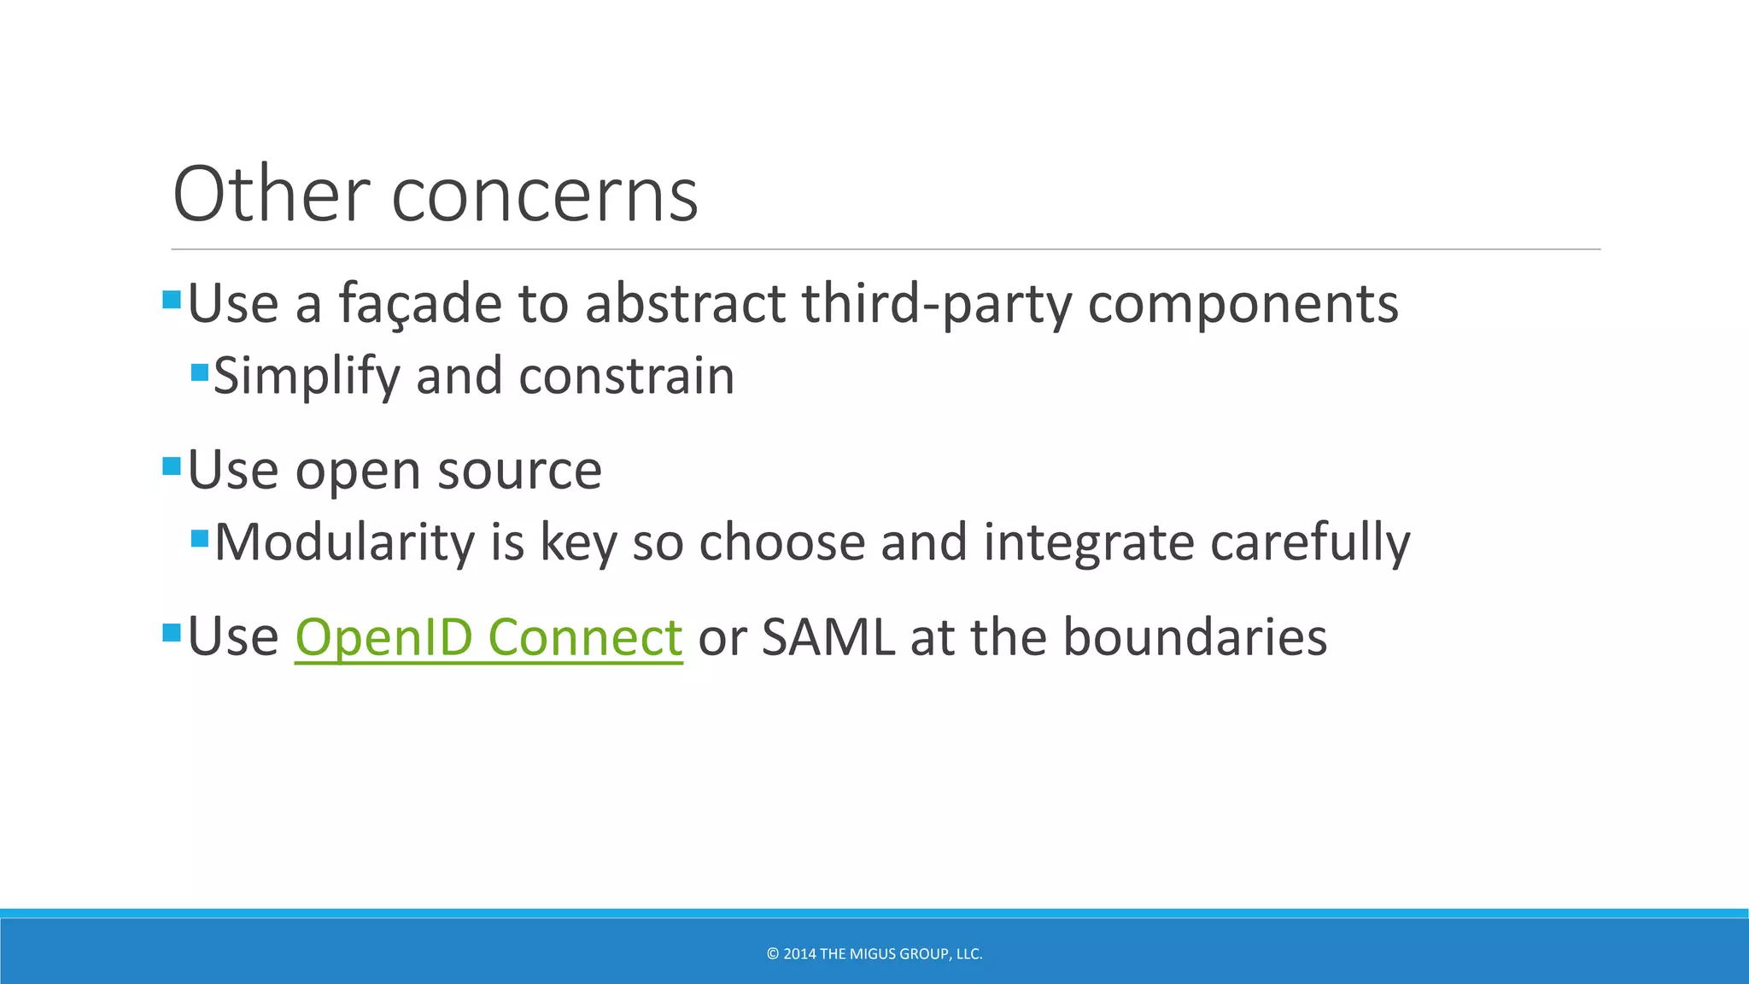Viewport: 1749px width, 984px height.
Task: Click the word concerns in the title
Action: (544, 196)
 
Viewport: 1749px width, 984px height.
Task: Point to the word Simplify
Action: (306, 377)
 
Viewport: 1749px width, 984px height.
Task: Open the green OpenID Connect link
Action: (488, 637)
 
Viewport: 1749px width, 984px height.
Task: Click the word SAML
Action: (828, 637)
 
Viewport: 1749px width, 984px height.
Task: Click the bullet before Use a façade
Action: (172, 300)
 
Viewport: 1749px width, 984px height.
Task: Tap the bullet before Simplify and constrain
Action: (200, 372)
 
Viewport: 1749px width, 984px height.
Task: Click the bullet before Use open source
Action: (172, 466)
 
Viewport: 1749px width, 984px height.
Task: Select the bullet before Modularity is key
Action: (200, 539)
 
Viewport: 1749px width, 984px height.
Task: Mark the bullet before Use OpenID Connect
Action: (172, 633)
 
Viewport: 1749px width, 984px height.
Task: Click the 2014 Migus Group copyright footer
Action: (874, 954)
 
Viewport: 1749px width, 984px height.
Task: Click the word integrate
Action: (1088, 543)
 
